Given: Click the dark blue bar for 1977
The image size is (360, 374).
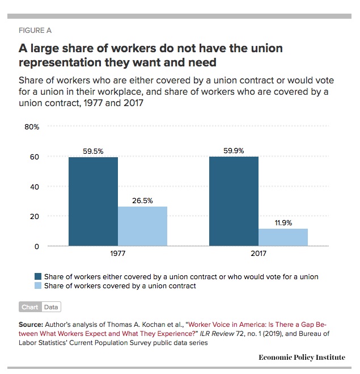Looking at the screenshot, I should (x=93, y=201).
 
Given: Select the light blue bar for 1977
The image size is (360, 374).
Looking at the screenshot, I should (x=142, y=226).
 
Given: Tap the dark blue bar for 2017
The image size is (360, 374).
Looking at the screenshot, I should (x=234, y=201).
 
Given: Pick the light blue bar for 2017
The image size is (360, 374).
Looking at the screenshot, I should (x=283, y=237).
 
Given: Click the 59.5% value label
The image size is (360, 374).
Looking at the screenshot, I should (x=93, y=152).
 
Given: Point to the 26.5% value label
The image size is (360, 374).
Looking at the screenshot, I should (x=142, y=201).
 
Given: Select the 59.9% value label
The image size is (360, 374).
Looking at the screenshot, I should (x=234, y=151).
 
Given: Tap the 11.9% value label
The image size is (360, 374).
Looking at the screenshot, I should (x=283, y=223).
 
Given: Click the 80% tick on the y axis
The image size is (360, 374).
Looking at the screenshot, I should (x=32, y=127).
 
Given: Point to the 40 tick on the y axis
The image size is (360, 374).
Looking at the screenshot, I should (x=34, y=187).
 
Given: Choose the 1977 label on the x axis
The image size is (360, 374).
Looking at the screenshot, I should (x=117, y=254).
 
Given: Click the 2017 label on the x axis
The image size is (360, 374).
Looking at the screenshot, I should (x=258, y=254).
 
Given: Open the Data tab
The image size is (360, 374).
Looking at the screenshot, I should (x=51, y=307).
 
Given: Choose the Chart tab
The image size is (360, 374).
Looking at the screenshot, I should (x=29, y=307).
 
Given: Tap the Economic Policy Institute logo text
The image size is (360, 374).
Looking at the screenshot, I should (x=301, y=357).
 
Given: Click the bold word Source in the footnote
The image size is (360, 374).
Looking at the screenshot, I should (x=31, y=325).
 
